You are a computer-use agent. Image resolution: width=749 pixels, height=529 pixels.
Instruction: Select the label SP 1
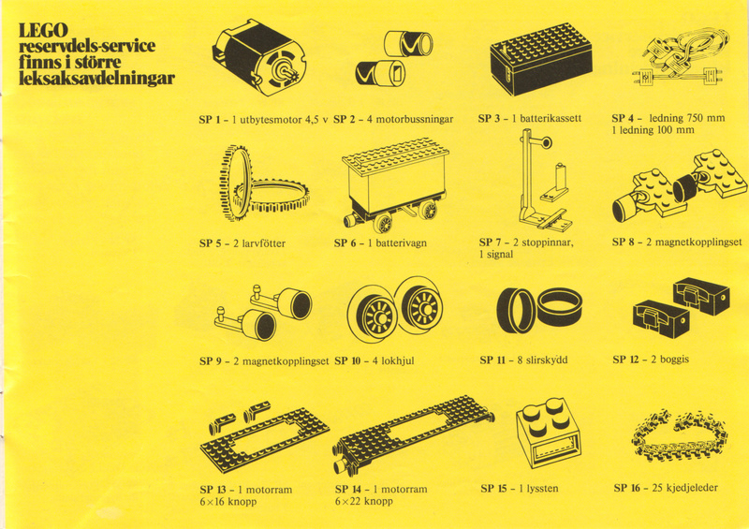tap(210, 120)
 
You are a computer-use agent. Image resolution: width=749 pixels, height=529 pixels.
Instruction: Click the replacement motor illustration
tap(259, 58)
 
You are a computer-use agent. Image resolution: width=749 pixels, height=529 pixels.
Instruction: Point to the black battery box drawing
tap(541, 58)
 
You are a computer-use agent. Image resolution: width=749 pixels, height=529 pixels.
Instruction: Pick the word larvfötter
tap(264, 243)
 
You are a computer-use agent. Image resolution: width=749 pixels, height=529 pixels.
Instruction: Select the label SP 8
tap(624, 242)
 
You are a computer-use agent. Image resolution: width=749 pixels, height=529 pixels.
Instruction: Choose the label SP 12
tap(625, 360)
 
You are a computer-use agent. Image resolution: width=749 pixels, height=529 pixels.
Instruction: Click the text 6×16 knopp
tap(228, 502)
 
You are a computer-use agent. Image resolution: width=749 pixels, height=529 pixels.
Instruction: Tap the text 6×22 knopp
tap(364, 501)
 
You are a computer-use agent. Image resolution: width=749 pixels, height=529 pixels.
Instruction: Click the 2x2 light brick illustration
tap(550, 433)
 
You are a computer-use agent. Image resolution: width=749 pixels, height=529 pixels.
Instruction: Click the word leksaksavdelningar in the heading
tap(97, 78)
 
